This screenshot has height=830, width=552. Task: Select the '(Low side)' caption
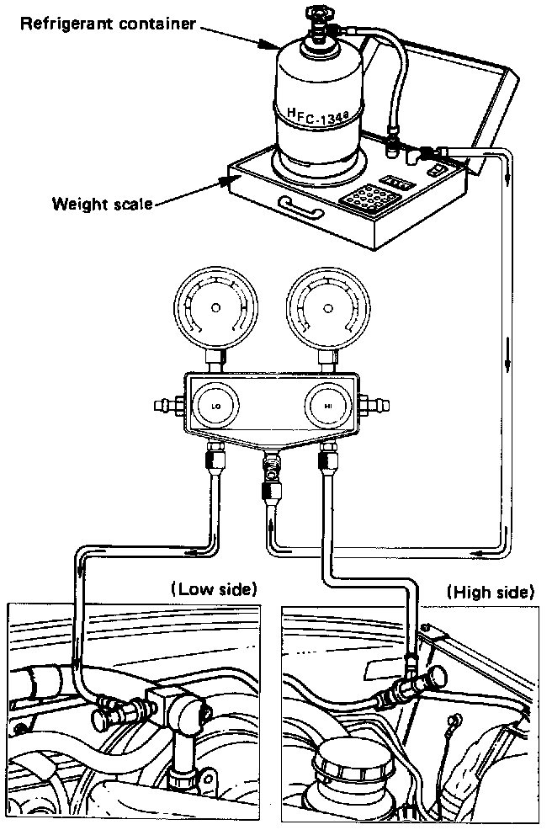(213, 589)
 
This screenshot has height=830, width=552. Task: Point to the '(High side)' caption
(491, 593)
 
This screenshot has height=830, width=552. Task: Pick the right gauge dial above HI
(327, 309)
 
